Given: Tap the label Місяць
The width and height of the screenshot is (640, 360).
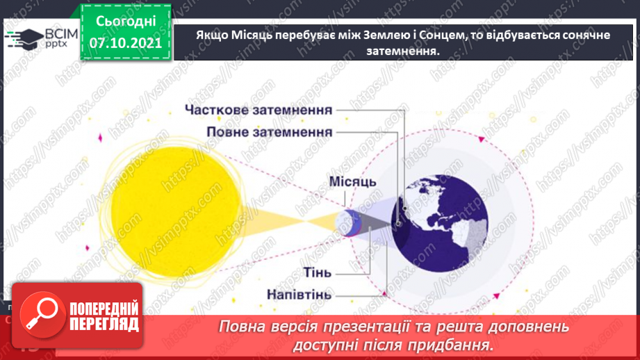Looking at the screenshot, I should coord(352,182).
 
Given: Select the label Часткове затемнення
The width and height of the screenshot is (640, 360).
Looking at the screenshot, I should coord(259,110).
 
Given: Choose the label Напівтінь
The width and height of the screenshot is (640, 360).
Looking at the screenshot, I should coord(299,294).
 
